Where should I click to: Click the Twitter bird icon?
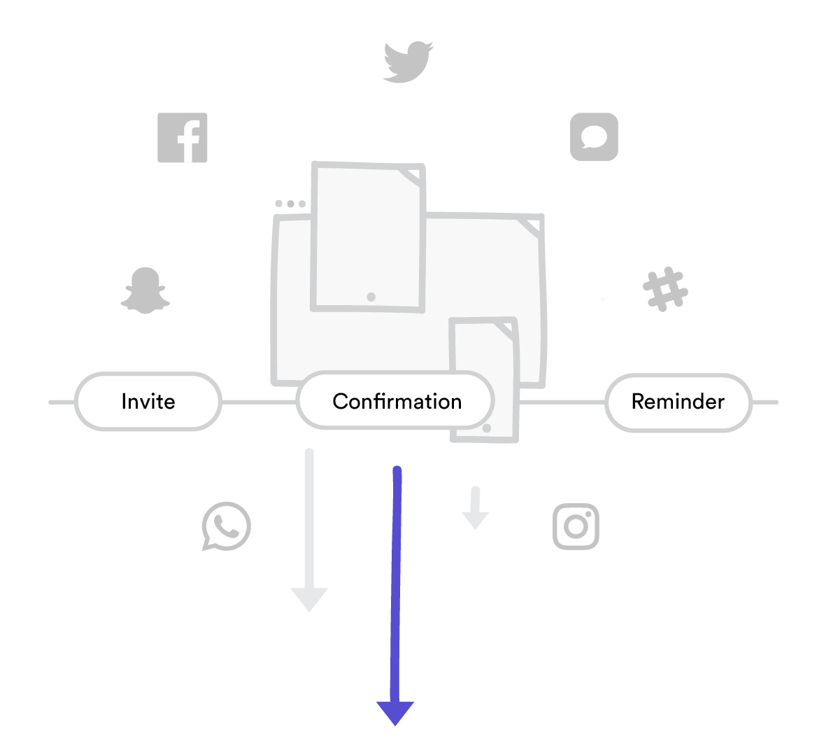408,62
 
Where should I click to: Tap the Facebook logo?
183,138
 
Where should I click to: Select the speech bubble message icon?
594,136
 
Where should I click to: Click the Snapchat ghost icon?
145,290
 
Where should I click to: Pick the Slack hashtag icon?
665,288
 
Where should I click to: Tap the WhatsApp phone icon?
226,526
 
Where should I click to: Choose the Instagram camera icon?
576,526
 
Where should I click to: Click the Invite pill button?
148,402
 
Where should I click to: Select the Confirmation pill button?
396,401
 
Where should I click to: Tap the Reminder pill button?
678,402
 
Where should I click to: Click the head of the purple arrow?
395,712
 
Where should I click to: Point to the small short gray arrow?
476,509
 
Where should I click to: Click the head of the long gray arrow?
309,599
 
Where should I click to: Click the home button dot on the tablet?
371,297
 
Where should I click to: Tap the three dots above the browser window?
290,204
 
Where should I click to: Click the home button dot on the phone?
487,428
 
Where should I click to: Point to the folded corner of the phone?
504,330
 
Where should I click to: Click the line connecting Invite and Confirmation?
259,402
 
